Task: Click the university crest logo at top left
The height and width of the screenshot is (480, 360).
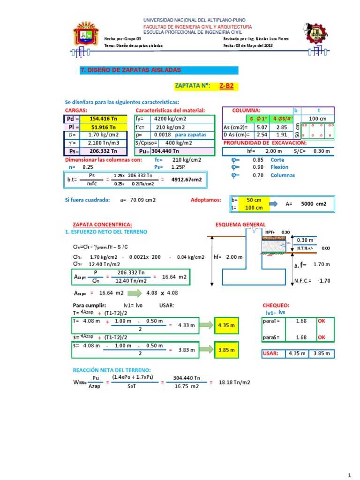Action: (86, 35)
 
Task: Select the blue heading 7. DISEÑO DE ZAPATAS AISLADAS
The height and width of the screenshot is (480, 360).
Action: (131, 70)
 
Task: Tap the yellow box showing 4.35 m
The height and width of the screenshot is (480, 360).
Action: (227, 325)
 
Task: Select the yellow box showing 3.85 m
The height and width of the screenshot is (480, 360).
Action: (227, 350)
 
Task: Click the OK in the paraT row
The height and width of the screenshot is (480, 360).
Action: (321, 321)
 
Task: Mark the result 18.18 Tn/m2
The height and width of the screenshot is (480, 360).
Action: (234, 382)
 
